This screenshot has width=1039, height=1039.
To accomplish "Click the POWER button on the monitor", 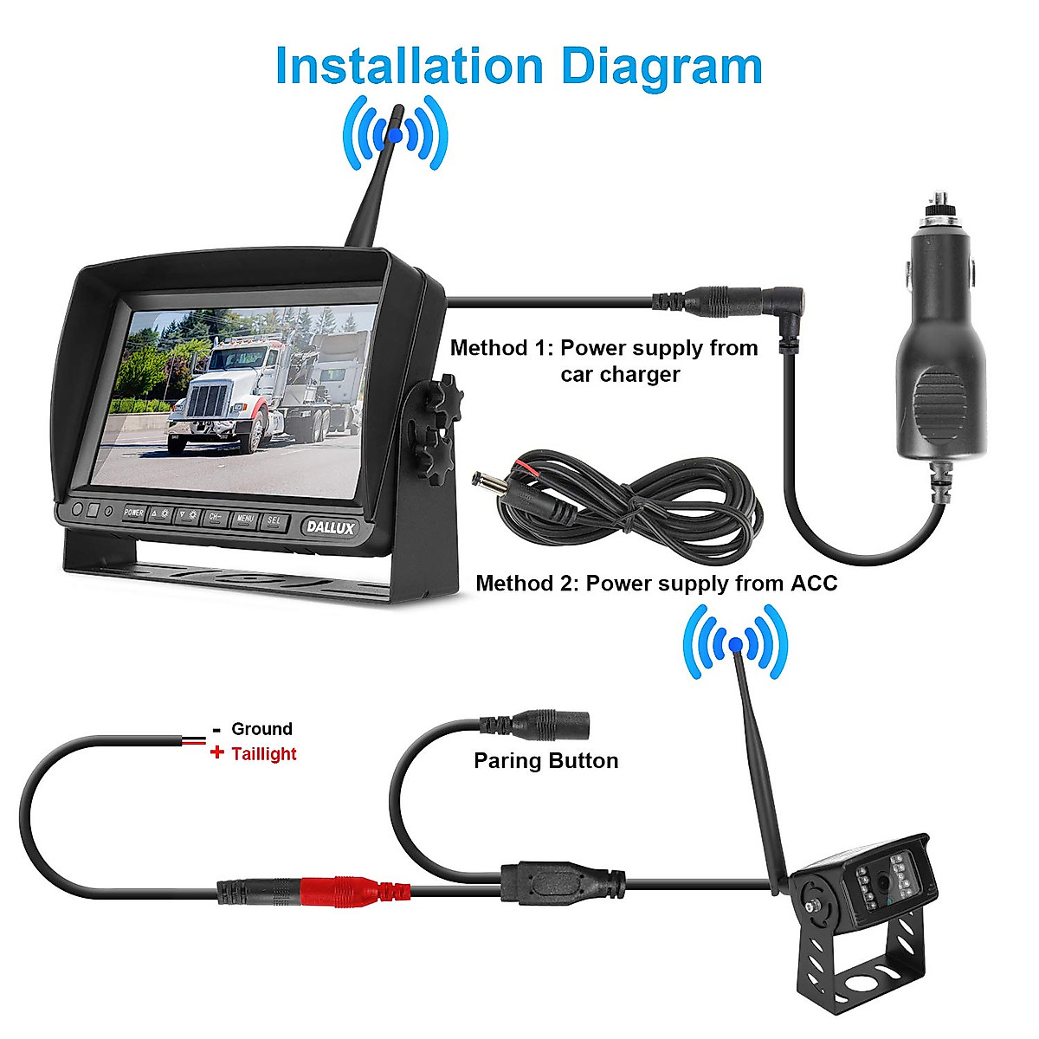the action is (x=133, y=513).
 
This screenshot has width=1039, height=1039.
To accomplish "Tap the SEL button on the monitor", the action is (x=274, y=521).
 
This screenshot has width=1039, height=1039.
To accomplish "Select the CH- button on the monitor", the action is (x=216, y=518).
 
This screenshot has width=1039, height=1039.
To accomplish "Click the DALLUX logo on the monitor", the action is (x=330, y=526).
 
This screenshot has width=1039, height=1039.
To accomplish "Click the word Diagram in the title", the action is (x=661, y=66).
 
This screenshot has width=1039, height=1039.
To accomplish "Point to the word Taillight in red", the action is (x=264, y=753).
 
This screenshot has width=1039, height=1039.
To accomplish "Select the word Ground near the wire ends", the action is (x=261, y=728).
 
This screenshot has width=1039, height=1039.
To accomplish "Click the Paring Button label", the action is (x=545, y=760).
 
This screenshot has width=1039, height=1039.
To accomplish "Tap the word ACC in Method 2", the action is (x=814, y=583).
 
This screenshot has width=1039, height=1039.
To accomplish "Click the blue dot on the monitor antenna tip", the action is (x=395, y=134).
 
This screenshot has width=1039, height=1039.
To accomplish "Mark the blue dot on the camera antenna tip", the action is (x=735, y=643).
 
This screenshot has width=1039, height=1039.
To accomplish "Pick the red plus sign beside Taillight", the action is (x=217, y=752).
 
